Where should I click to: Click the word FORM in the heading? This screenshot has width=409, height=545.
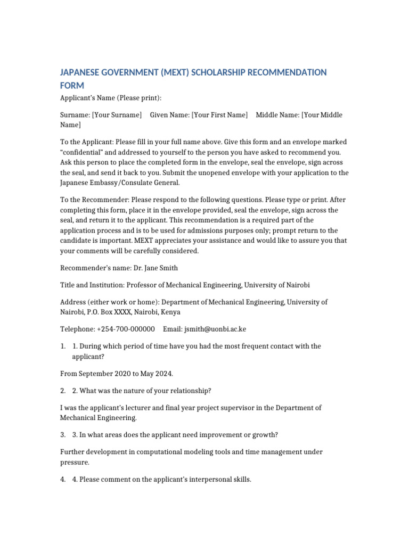[72, 86]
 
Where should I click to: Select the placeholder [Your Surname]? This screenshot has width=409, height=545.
[117, 115]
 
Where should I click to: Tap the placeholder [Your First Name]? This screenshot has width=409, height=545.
[219, 115]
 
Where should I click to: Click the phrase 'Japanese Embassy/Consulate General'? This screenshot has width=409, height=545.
[119, 183]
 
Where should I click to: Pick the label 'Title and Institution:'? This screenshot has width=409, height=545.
[92, 285]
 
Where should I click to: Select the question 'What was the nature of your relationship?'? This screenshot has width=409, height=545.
[145, 391]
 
